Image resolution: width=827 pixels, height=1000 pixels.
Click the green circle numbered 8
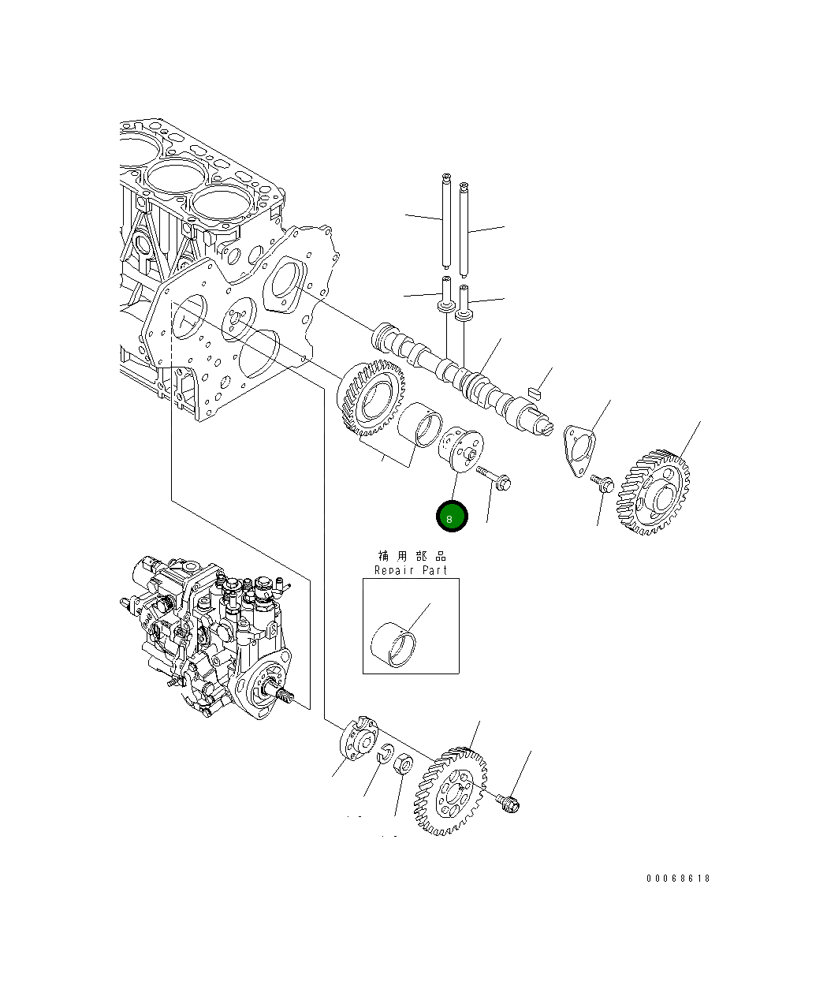[x=452, y=517]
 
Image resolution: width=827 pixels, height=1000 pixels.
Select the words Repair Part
[x=410, y=570]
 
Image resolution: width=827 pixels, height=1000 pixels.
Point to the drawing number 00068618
[x=678, y=878]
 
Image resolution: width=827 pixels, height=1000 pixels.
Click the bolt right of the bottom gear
[x=508, y=804]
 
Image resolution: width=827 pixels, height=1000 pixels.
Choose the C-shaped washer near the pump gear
[x=386, y=754]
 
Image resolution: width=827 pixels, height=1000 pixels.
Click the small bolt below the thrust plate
[x=603, y=483]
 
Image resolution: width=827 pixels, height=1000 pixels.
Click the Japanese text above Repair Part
[x=411, y=556]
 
